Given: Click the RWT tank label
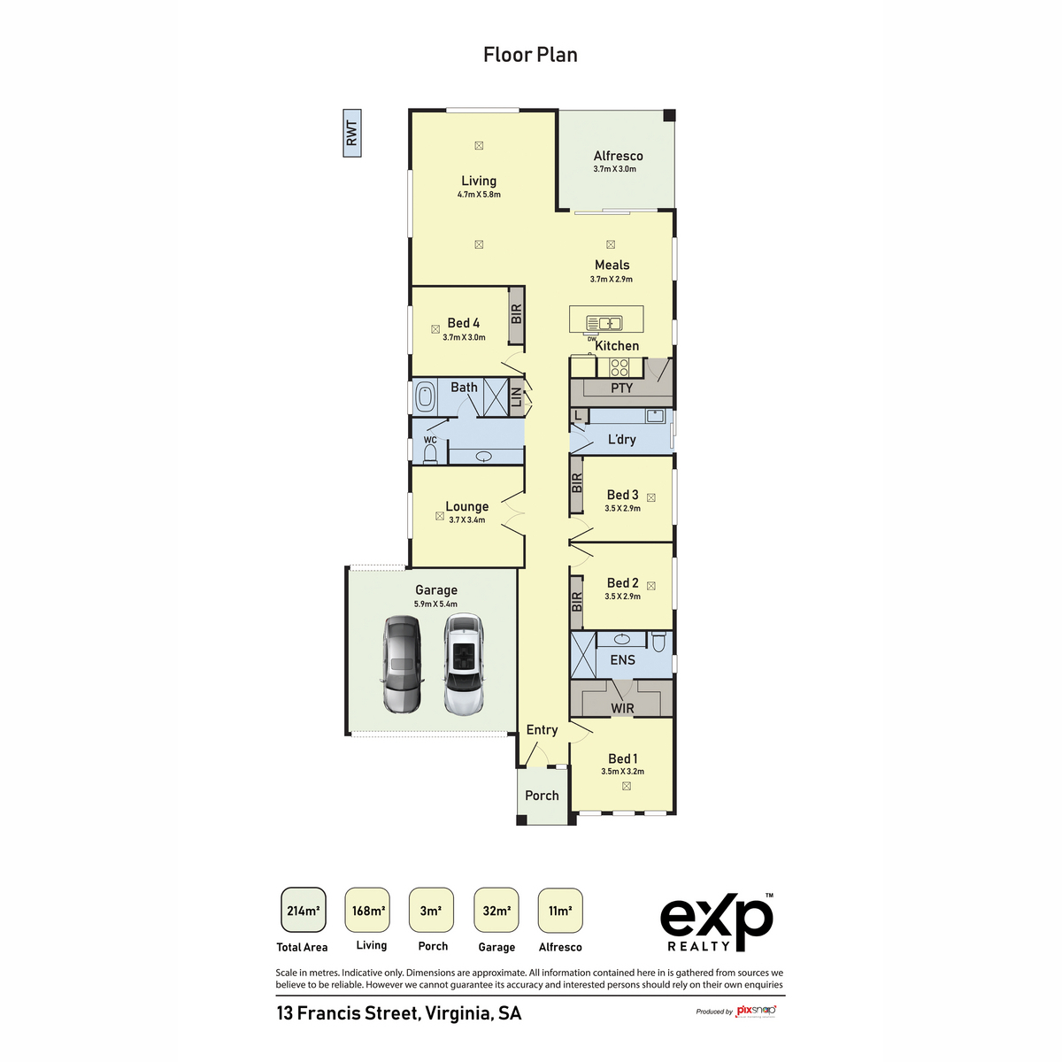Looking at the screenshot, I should [x=352, y=134].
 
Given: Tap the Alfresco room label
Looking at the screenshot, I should [x=618, y=156].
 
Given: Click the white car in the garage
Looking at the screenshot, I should [x=464, y=666].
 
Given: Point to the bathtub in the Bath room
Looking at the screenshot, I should [x=426, y=396].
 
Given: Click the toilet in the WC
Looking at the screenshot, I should [x=430, y=454].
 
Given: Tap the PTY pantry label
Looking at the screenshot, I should [x=621, y=388].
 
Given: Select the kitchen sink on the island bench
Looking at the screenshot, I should [x=604, y=323].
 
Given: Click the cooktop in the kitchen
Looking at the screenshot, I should [x=619, y=366].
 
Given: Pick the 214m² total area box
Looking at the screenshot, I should [x=303, y=911].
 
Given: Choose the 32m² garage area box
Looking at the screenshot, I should [x=496, y=911].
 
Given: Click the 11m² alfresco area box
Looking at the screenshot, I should [x=560, y=911].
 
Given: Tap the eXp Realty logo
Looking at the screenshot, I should [x=716, y=921].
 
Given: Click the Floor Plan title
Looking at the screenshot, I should [x=530, y=55].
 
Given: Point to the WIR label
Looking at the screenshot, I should [x=622, y=708].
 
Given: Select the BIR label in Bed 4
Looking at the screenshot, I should [x=517, y=314].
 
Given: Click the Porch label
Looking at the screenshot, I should [x=542, y=796].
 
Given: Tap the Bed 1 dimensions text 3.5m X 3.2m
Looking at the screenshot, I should [x=622, y=772].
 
